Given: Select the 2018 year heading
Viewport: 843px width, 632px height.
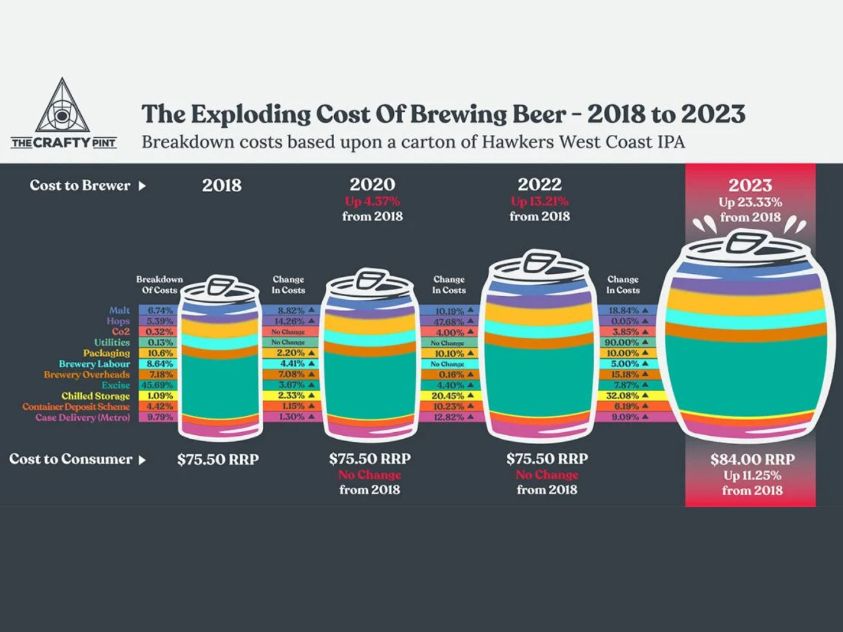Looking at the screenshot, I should tap(222, 185).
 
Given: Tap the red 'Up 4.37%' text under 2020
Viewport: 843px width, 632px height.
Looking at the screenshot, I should tap(372, 201).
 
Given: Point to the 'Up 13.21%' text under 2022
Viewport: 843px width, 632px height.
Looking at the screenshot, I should tap(540, 201).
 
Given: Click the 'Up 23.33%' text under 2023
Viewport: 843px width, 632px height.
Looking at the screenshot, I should tap(750, 202).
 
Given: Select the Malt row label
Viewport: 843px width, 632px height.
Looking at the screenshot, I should tap(119, 311).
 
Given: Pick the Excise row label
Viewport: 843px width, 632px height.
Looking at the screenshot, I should tap(116, 385).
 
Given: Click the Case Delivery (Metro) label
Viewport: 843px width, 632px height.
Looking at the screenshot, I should tap(82, 417).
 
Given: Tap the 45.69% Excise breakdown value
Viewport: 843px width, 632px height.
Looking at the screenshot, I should tap(157, 385).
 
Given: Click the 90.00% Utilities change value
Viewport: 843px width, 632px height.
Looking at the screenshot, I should tap(622, 342).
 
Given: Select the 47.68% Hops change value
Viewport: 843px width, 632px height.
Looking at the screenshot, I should tap(449, 321).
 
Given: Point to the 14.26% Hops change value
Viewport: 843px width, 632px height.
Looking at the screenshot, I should tap(289, 321).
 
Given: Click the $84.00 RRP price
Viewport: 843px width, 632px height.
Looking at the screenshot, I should tap(752, 460).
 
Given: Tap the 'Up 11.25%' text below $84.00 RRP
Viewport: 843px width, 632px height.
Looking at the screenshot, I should tap(752, 476).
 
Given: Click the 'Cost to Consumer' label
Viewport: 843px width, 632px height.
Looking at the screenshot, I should tap(70, 459).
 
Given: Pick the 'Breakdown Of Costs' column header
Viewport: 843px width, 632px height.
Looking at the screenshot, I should tap(160, 285).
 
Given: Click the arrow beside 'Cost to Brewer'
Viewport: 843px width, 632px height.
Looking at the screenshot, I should tap(142, 186).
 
